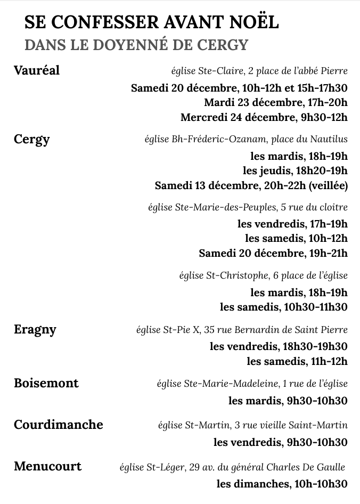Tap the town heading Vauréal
37,70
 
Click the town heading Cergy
32,140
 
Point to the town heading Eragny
35,329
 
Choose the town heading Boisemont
46,383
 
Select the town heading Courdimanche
59,425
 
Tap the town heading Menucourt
48,467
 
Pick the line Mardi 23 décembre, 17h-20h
275,102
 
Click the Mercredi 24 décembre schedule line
264,117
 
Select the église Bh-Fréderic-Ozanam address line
246,140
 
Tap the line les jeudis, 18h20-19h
295,171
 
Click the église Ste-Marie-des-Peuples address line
248,207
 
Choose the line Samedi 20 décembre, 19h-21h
273,253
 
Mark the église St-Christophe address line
263,275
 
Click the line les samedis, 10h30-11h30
283,307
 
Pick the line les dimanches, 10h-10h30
282,484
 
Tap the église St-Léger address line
232,468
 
